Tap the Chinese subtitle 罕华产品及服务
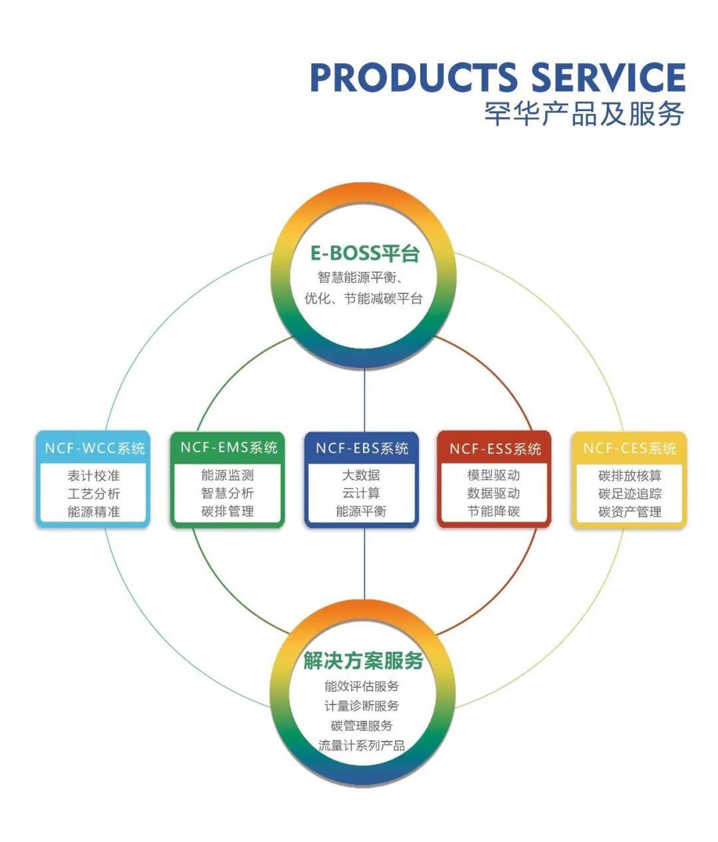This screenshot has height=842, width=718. click(x=584, y=114)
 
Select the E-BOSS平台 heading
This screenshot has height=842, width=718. click(x=365, y=253)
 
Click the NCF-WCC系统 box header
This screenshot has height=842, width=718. click(x=94, y=448)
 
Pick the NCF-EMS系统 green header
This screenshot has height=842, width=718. click(x=229, y=448)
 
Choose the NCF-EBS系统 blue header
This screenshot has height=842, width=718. click(x=362, y=448)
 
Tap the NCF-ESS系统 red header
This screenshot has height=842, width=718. click(x=495, y=449)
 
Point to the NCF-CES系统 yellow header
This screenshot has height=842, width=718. click(x=629, y=448)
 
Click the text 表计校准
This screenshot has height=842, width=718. click(x=94, y=476)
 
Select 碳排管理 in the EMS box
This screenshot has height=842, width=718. click(x=227, y=511)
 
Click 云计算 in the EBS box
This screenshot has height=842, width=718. click(x=361, y=493)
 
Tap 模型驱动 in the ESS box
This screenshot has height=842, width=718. click(x=493, y=476)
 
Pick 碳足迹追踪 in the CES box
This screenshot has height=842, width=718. click(x=630, y=494)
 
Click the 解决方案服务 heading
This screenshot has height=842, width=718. click(x=364, y=661)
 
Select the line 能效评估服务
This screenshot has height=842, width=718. click(x=362, y=686)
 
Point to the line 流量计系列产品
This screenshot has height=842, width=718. click(x=362, y=746)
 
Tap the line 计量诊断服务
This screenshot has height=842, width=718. click(x=362, y=706)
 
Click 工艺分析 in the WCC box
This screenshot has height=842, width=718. click(x=94, y=494)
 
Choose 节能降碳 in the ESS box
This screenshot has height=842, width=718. click(x=493, y=511)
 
